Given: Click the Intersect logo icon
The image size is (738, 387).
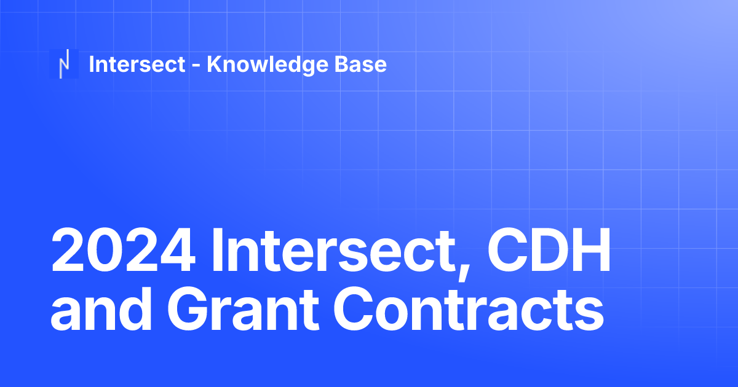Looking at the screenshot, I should coord(63,64).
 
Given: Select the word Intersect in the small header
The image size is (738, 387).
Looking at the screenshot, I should coord(137,64).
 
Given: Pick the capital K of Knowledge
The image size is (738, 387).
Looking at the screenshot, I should coord(213,64).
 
